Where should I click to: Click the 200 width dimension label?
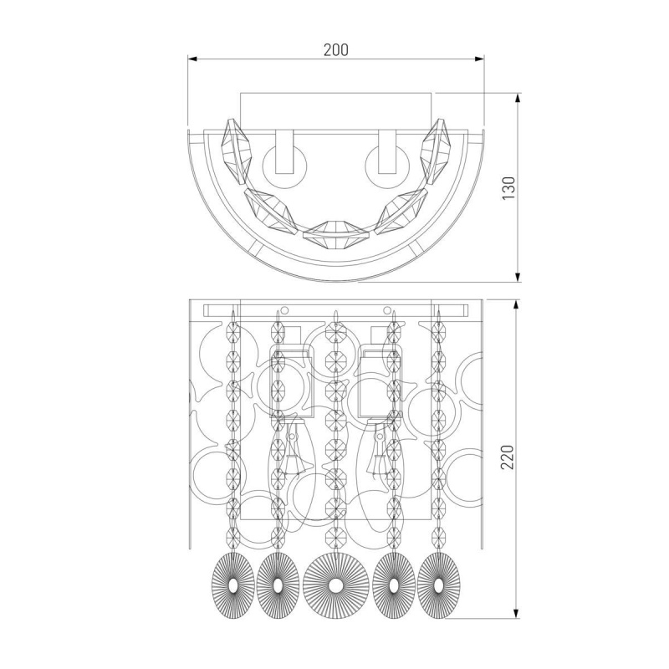click(x=336, y=50)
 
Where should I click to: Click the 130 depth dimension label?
click(x=508, y=187)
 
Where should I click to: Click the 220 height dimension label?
click(x=508, y=457)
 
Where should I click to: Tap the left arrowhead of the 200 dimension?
click(x=192, y=59)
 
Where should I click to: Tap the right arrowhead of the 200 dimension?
click(x=480, y=59)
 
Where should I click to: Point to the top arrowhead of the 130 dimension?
click(x=518, y=98)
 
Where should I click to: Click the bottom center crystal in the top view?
click(x=335, y=230)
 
